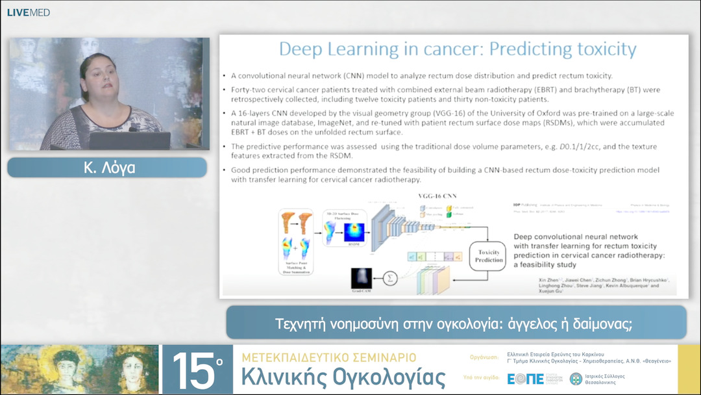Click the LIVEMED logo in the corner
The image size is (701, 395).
(29, 12)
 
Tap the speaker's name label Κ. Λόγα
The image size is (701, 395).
(108, 167)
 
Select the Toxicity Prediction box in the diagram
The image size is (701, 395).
(489, 255)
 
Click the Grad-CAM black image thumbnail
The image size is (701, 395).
(362, 279)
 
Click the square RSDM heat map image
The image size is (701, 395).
(355, 233)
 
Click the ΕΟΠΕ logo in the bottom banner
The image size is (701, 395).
(526, 379)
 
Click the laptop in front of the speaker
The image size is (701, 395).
(129, 140)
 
